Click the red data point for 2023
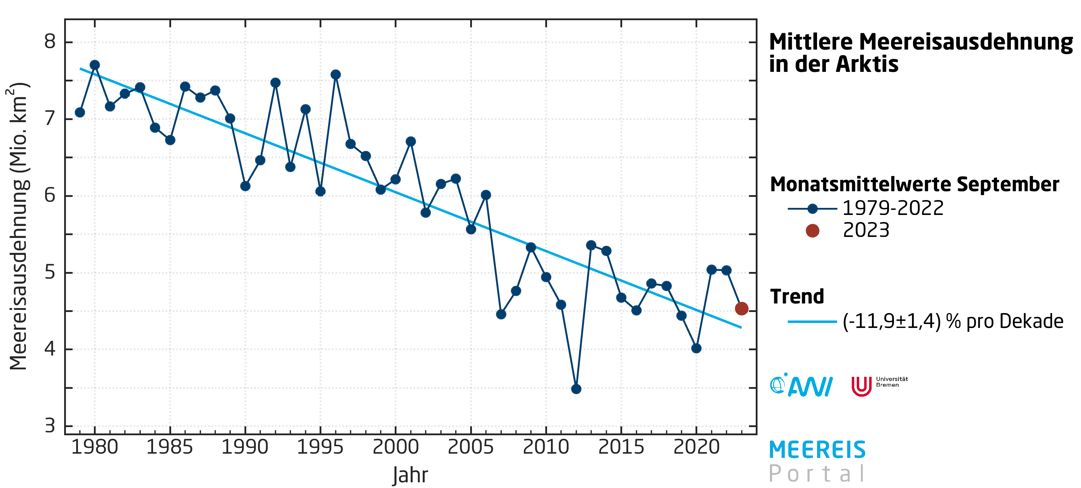point(741,308)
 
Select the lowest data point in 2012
point(576,389)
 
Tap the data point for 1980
point(95,64)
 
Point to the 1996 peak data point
point(335,75)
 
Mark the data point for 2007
point(501,314)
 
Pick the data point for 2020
point(696,348)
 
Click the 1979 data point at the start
point(80,113)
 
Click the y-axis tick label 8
point(50,41)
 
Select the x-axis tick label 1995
point(320,447)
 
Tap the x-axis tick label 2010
point(546,447)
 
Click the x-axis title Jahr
point(410,475)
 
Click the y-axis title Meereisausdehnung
point(18,227)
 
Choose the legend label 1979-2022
point(893,208)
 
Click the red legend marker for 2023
point(812,230)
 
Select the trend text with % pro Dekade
point(953,322)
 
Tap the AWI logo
point(801,385)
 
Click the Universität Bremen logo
point(879,385)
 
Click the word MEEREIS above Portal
point(817,450)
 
